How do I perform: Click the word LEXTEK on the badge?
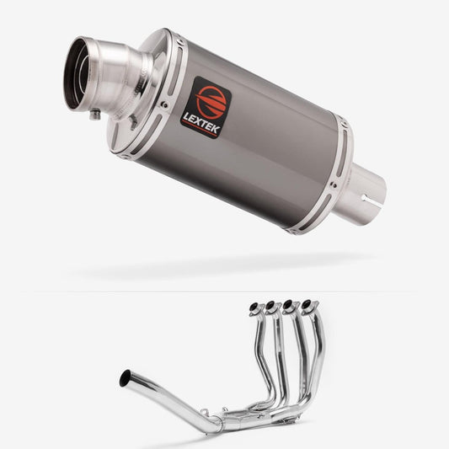click(201, 123)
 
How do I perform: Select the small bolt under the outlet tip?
click(94, 115)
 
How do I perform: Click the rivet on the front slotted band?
click(164, 104)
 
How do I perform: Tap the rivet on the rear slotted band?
click(334, 184)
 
